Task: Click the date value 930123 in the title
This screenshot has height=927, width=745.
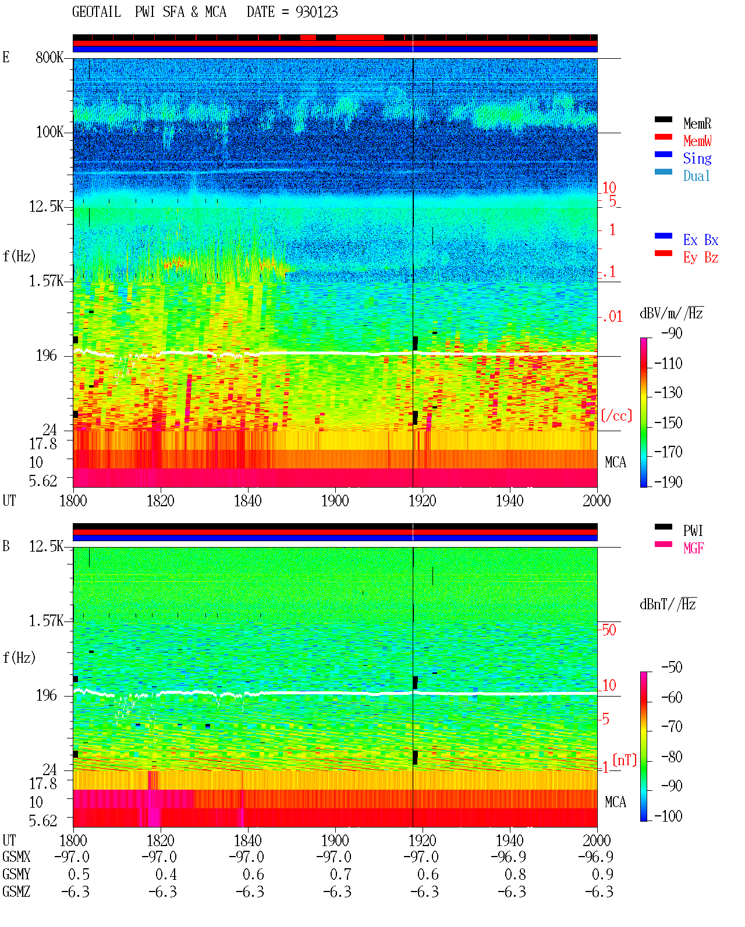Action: point(316,12)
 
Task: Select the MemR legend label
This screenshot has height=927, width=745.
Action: point(697,123)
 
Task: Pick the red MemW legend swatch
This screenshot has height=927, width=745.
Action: point(663,137)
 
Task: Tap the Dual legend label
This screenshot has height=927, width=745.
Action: point(696,176)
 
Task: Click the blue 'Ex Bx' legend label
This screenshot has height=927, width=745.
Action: point(700,240)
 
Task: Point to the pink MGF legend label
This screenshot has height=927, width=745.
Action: point(693,548)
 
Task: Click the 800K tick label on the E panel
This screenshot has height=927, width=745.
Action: point(49,57)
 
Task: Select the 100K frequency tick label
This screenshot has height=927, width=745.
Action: point(49,132)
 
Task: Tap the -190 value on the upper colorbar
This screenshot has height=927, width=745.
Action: point(668,482)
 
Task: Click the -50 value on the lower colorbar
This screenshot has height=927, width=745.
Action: point(672,667)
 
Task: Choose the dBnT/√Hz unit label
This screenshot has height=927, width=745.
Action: point(668,604)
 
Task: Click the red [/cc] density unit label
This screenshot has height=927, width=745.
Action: point(616,415)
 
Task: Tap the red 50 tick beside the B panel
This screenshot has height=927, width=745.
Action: point(609,630)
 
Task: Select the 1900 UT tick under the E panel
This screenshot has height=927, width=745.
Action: point(335,501)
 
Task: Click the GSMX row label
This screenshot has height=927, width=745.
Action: point(16,857)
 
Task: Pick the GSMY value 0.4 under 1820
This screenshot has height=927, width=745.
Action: point(166,875)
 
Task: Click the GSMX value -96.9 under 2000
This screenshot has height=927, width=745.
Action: point(595,857)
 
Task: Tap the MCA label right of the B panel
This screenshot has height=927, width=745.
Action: point(615,802)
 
